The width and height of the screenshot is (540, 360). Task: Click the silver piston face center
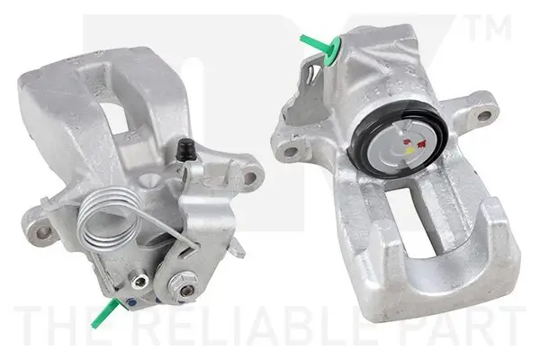click(405, 144)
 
